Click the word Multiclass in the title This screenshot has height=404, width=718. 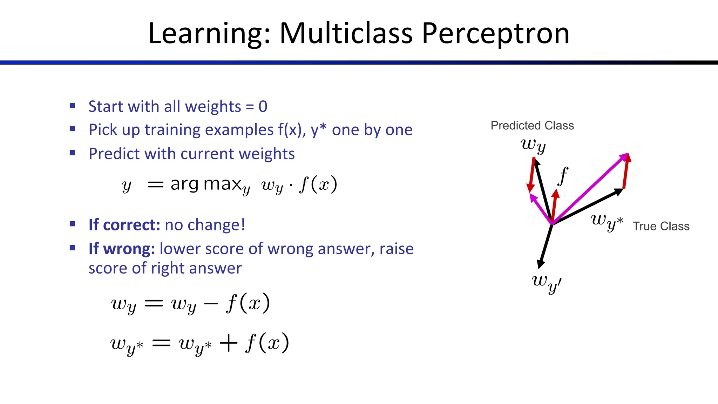pyautogui.click(x=346, y=34)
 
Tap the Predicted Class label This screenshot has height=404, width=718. pyautogui.click(x=532, y=126)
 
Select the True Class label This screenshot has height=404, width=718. pyautogui.click(x=661, y=226)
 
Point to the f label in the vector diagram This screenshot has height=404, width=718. pyautogui.click(x=563, y=176)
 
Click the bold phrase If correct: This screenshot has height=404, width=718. pyautogui.click(x=124, y=225)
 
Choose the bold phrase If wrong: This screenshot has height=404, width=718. pyautogui.click(x=121, y=249)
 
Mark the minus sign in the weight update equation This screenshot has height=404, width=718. pyautogui.click(x=210, y=304)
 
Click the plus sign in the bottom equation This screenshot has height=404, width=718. pyautogui.click(x=229, y=343)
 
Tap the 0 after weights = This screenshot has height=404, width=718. pyautogui.click(x=263, y=107)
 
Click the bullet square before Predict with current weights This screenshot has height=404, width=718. pyautogui.click(x=73, y=153)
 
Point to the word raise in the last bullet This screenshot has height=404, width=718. pyautogui.click(x=397, y=249)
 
